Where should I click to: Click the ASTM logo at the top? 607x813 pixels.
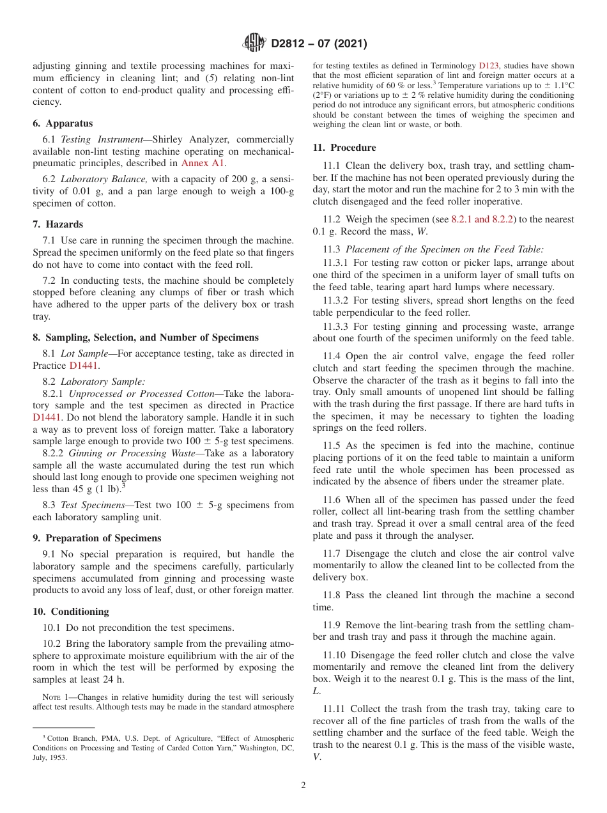tap(255, 43)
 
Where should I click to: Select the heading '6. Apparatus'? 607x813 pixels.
tap(63, 123)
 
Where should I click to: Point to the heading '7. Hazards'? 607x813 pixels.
tap(58, 224)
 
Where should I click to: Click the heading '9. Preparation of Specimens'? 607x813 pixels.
tap(97, 538)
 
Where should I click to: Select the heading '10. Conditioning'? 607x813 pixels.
tap(71, 612)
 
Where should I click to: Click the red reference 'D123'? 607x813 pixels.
tap(487, 66)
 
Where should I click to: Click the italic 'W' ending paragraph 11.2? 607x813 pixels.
tap(422, 231)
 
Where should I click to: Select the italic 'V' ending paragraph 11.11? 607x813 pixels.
tap(316, 757)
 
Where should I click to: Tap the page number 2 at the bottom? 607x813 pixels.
tap(303, 786)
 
